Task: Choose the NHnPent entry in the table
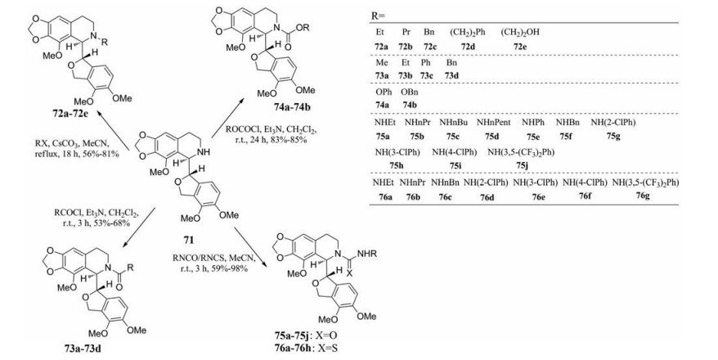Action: (492, 122)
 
